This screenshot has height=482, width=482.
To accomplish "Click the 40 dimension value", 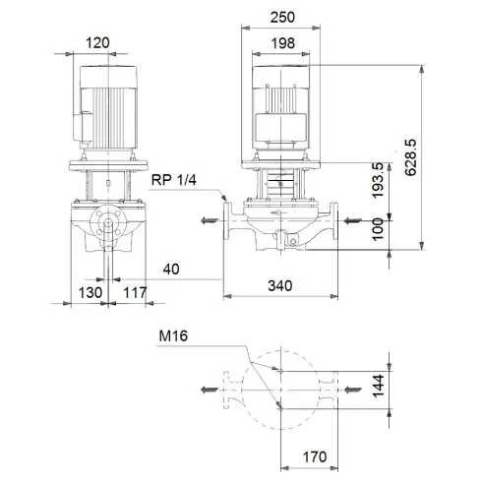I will pos(173,268).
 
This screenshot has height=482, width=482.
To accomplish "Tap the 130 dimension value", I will pos(90,291).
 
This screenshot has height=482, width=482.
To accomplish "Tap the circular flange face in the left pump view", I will pos(105,225).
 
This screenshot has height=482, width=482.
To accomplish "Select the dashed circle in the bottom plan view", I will pos(281,389).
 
